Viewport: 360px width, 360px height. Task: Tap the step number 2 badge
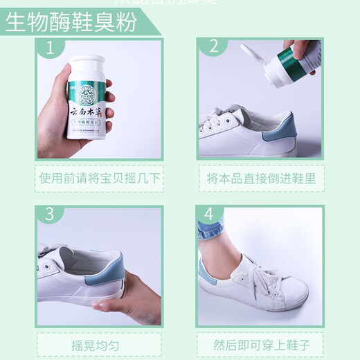coord(213,47)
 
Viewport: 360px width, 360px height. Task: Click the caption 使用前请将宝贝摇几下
coord(99,178)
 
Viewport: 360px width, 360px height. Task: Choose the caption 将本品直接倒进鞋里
coord(261,178)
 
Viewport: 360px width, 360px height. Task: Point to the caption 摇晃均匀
coord(99,344)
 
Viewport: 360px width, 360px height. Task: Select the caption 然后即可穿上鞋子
coord(261,344)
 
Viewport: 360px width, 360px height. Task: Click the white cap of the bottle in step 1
coord(87,68)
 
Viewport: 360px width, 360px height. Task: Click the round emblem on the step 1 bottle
coord(87,91)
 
